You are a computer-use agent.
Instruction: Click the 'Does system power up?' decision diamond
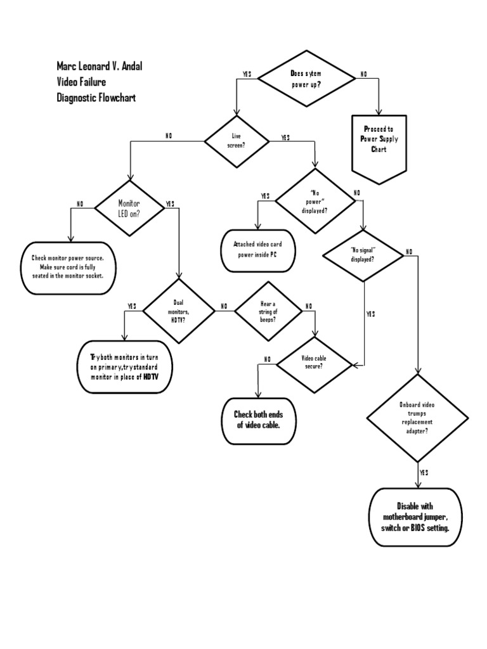306,78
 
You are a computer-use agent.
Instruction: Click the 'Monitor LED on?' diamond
129,208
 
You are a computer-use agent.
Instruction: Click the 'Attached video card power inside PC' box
256,250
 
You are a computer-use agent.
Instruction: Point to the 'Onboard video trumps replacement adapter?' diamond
417,417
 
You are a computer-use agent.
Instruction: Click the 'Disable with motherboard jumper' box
418,517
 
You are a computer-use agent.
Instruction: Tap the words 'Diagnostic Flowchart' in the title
95,98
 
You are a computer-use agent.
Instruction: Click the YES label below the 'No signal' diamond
370,314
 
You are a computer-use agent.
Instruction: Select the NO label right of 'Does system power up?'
364,74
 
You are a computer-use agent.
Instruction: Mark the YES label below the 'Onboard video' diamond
424,473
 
